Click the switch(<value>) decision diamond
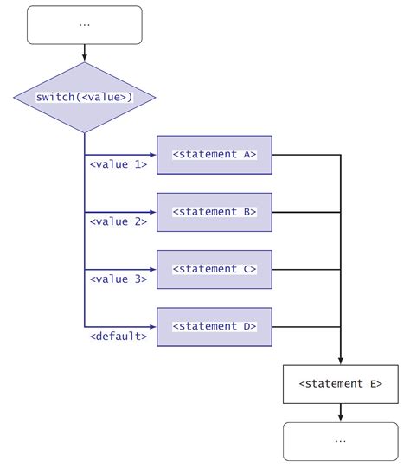point(84,97)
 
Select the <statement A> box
point(214,155)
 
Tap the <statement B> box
point(214,212)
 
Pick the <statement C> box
point(214,269)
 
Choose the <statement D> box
point(214,326)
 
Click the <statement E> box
point(340,383)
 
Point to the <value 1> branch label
point(119,164)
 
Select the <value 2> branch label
point(119,221)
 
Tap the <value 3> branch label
point(119,279)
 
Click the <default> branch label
point(119,336)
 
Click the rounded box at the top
point(84,24)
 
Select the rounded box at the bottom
point(340,440)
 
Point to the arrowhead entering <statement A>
point(152,156)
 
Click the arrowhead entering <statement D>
point(152,327)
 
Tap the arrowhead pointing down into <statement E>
point(340,360)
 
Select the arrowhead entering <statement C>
point(152,270)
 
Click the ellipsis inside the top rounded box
point(84,24)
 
